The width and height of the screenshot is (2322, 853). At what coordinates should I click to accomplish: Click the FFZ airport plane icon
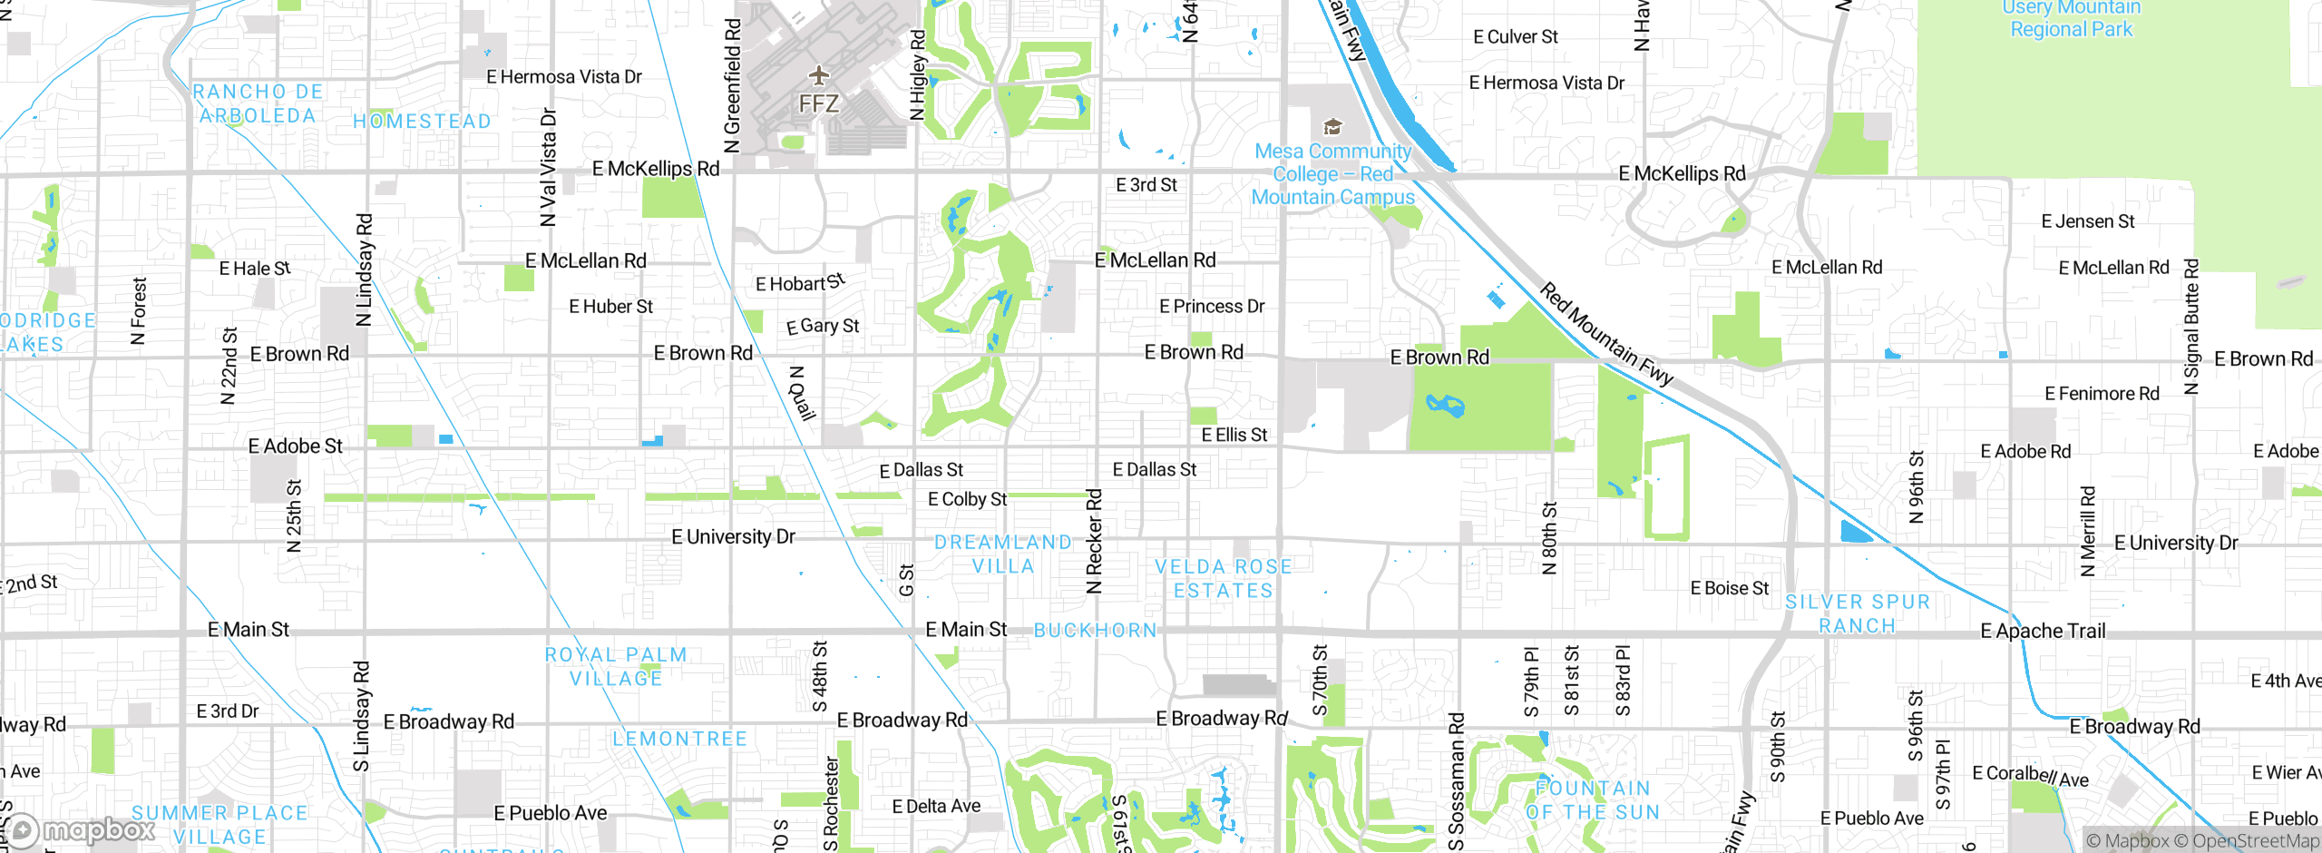pyautogui.click(x=819, y=74)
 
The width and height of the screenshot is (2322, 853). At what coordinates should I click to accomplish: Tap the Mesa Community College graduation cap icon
pyautogui.click(x=1332, y=126)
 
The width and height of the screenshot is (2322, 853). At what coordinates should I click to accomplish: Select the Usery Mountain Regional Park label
pyautogui.click(x=2071, y=19)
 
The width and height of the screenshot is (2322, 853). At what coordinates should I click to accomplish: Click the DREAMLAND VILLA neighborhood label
pyautogui.click(x=1002, y=554)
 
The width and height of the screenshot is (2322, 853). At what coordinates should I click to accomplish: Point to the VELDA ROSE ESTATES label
pyautogui.click(x=1223, y=578)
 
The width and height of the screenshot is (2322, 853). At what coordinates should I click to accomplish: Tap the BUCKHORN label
pyautogui.click(x=1095, y=630)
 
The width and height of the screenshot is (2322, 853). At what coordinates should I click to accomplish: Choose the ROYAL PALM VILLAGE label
pyautogui.click(x=616, y=666)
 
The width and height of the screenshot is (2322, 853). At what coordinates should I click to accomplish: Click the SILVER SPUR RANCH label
pyautogui.click(x=1857, y=613)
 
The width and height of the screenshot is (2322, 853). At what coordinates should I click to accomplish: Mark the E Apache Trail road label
pyautogui.click(x=2043, y=631)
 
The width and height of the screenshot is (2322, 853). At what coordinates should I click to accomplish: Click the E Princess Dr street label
pyautogui.click(x=1211, y=307)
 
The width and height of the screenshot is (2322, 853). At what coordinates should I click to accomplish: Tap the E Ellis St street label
pyautogui.click(x=1234, y=435)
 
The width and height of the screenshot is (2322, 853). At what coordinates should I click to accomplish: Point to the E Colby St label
pyautogui.click(x=967, y=499)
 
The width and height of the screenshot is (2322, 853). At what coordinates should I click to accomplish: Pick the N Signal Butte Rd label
pyautogui.click(x=2191, y=327)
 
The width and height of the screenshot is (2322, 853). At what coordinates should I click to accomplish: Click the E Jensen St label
pyautogui.click(x=2087, y=221)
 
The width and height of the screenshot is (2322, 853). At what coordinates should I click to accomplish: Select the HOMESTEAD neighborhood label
pyautogui.click(x=422, y=122)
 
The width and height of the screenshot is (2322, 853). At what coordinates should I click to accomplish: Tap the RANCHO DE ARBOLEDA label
pyautogui.click(x=258, y=103)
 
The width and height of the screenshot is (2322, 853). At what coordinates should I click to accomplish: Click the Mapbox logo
pyautogui.click(x=80, y=830)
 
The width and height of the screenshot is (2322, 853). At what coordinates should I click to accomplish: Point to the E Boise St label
pyautogui.click(x=1729, y=588)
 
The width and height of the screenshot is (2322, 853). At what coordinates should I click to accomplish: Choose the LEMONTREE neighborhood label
pyautogui.click(x=679, y=739)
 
